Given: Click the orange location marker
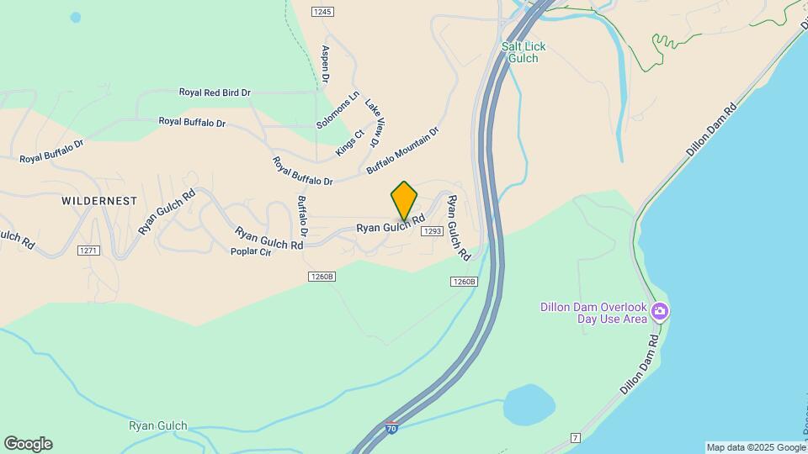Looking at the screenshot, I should (404, 200).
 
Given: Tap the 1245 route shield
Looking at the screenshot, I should (322, 12).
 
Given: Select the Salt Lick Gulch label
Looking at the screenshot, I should (524, 52).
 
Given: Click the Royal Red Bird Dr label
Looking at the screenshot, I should (215, 92).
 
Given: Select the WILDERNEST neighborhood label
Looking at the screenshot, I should (99, 201).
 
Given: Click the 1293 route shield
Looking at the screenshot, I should (433, 231).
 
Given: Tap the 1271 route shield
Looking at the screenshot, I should (88, 251).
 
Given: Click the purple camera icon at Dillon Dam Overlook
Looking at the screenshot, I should (660, 313).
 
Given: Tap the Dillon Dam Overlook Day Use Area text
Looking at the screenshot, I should (594, 313).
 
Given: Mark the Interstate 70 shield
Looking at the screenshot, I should (391, 428).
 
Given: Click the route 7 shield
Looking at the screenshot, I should (576, 438).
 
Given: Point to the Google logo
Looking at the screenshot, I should (28, 444).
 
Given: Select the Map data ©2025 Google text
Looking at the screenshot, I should (755, 447).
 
